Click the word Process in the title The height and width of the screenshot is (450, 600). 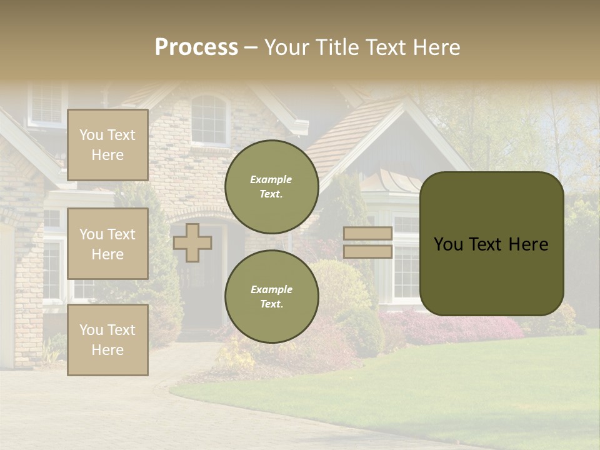pos(196,47)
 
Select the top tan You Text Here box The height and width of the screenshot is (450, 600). pos(107,145)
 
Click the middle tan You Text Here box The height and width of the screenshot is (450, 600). pos(107,244)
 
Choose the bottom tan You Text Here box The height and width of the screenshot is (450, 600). pos(107,340)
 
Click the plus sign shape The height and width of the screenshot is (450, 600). pos(192,242)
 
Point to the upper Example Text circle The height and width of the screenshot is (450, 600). pos(271,186)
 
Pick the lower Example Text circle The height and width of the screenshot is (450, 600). pos(271,296)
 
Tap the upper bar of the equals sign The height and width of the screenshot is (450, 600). pos(367,233)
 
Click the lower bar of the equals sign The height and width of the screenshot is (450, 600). pos(367,251)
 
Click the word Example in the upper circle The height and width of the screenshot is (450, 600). pos(271,179)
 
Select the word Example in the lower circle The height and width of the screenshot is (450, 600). pos(271,289)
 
